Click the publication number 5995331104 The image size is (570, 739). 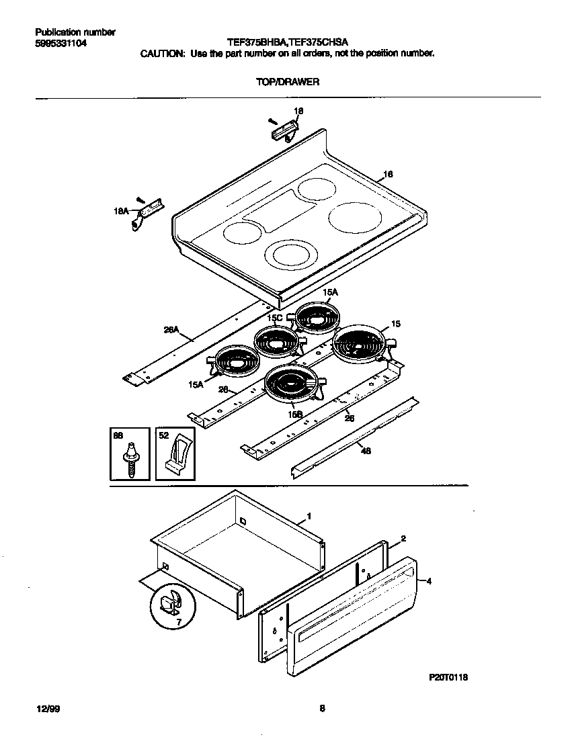(x=60, y=44)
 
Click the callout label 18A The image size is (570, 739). (x=120, y=211)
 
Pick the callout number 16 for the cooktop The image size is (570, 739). (x=387, y=175)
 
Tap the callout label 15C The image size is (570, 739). (x=274, y=318)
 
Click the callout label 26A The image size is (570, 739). (x=171, y=330)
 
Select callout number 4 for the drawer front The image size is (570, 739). (x=428, y=582)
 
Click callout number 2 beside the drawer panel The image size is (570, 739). (x=403, y=539)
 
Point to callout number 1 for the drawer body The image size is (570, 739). (x=309, y=516)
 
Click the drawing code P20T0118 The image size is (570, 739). (x=448, y=677)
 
